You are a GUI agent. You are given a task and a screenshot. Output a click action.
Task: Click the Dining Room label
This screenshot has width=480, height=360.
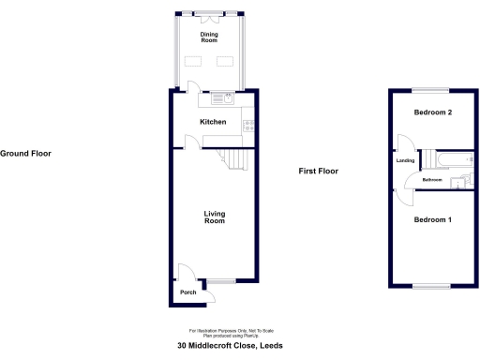pyautogui.click(x=208, y=37)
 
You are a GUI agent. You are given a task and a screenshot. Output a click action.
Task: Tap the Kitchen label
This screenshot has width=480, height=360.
pyautogui.click(x=214, y=122)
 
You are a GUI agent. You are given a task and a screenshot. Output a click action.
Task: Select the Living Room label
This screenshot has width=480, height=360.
pyautogui.click(x=215, y=217)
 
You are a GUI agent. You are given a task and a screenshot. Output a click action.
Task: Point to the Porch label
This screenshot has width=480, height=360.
pyautogui.click(x=187, y=292)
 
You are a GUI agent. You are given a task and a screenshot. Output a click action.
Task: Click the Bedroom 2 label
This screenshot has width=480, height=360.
pyautogui.click(x=433, y=112)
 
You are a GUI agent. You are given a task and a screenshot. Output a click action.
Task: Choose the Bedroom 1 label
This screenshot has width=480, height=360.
pyautogui.click(x=433, y=220)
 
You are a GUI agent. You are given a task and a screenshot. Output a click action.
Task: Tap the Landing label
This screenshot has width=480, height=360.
pyautogui.click(x=406, y=160)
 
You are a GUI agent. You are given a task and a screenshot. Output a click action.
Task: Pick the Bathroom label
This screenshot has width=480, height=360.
pyautogui.click(x=432, y=180)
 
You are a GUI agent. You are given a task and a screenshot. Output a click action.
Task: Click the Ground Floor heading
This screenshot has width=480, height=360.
pyautogui.click(x=26, y=153)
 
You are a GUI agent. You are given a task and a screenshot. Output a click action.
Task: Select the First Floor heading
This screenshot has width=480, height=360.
pyautogui.click(x=318, y=172)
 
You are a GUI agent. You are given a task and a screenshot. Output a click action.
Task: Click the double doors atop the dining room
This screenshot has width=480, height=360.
pyautogui.click(x=208, y=15)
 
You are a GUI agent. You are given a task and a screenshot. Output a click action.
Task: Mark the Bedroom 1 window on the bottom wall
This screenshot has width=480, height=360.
pyautogui.click(x=433, y=285)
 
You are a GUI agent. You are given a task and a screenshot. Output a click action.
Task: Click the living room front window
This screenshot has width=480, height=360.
pyautogui.click(x=222, y=280)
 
